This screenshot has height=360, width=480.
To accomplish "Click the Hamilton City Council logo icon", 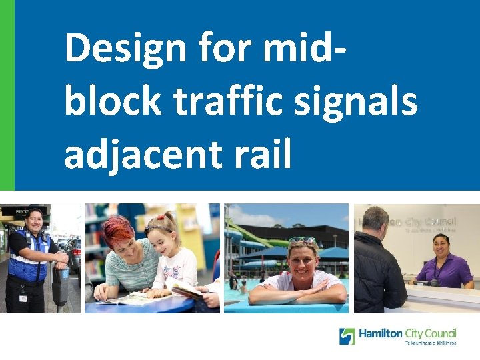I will pyautogui.click(x=347, y=336).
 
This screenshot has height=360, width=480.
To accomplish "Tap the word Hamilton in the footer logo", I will pyautogui.click(x=381, y=333).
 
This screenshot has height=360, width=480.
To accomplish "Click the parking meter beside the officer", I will pyautogui.click(x=61, y=280).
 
